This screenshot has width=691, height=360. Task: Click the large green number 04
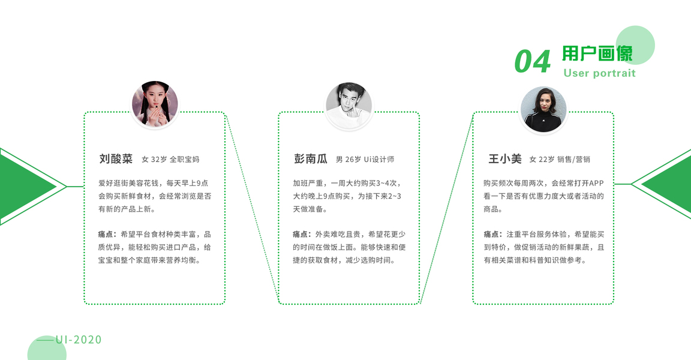[532, 61]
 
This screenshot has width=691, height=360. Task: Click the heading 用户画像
[597, 54]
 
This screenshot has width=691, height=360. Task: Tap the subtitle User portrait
[599, 73]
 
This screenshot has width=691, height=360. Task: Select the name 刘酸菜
[116, 159]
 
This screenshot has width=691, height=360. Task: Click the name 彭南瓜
[311, 159]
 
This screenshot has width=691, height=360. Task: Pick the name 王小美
[504, 159]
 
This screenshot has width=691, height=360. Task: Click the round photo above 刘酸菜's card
[155, 104]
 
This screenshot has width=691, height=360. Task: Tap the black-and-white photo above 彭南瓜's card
[348, 104]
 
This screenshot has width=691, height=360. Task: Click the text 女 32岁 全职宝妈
[170, 160]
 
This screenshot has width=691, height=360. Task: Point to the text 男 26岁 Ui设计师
[365, 160]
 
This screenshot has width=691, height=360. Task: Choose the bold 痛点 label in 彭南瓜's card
[302, 234]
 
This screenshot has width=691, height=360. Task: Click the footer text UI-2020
[79, 340]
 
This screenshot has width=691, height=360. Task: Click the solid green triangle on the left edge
[24, 186]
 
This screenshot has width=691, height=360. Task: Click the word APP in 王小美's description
[596, 183]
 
